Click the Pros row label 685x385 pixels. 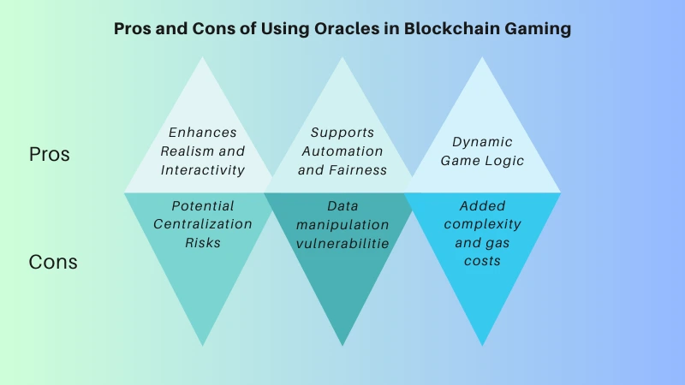click(50, 155)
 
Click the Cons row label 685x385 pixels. click(53, 262)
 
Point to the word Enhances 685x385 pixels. click(203, 133)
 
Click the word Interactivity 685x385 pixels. click(203, 169)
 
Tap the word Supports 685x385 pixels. click(342, 133)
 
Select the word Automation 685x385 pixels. click(342, 151)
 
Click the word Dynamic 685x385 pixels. click(482, 142)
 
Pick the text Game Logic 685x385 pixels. click(482, 161)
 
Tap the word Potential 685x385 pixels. click(203, 205)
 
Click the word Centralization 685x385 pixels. click(203, 224)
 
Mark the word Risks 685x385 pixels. click(203, 242)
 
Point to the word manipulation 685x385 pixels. click(342, 224)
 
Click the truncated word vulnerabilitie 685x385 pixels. click(342, 242)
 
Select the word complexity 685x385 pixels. click(482, 224)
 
